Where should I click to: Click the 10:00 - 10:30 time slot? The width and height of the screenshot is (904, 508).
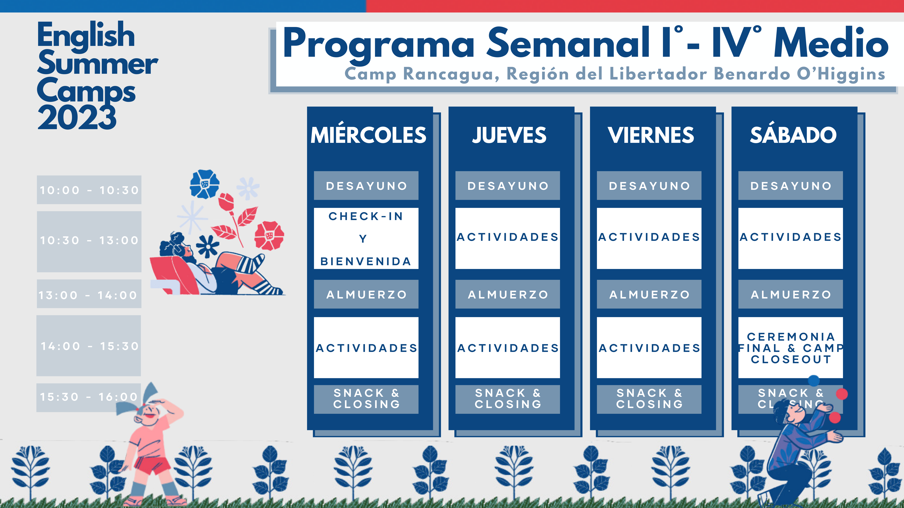click(x=89, y=190)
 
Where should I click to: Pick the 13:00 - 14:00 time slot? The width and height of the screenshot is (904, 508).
click(x=89, y=294)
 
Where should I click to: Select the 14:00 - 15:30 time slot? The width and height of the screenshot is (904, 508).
click(x=89, y=346)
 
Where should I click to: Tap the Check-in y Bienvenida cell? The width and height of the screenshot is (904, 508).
click(x=366, y=238)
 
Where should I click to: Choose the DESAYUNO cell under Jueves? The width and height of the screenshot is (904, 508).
click(x=507, y=185)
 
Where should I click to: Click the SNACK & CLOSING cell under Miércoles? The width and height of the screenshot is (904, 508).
click(x=366, y=399)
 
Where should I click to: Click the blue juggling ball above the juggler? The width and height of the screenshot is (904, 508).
click(x=813, y=380)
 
